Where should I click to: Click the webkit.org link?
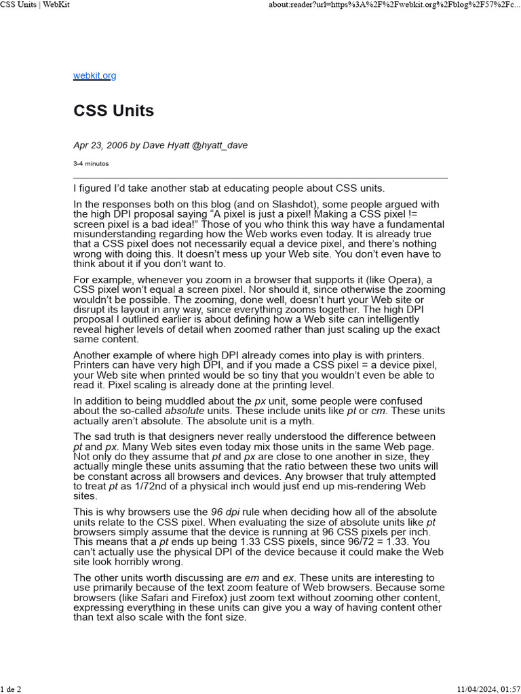click(94, 76)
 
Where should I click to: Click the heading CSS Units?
click(113, 110)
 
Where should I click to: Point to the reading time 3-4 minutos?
click(91, 163)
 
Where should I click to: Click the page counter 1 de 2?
click(11, 689)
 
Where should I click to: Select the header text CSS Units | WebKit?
click(35, 5)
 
